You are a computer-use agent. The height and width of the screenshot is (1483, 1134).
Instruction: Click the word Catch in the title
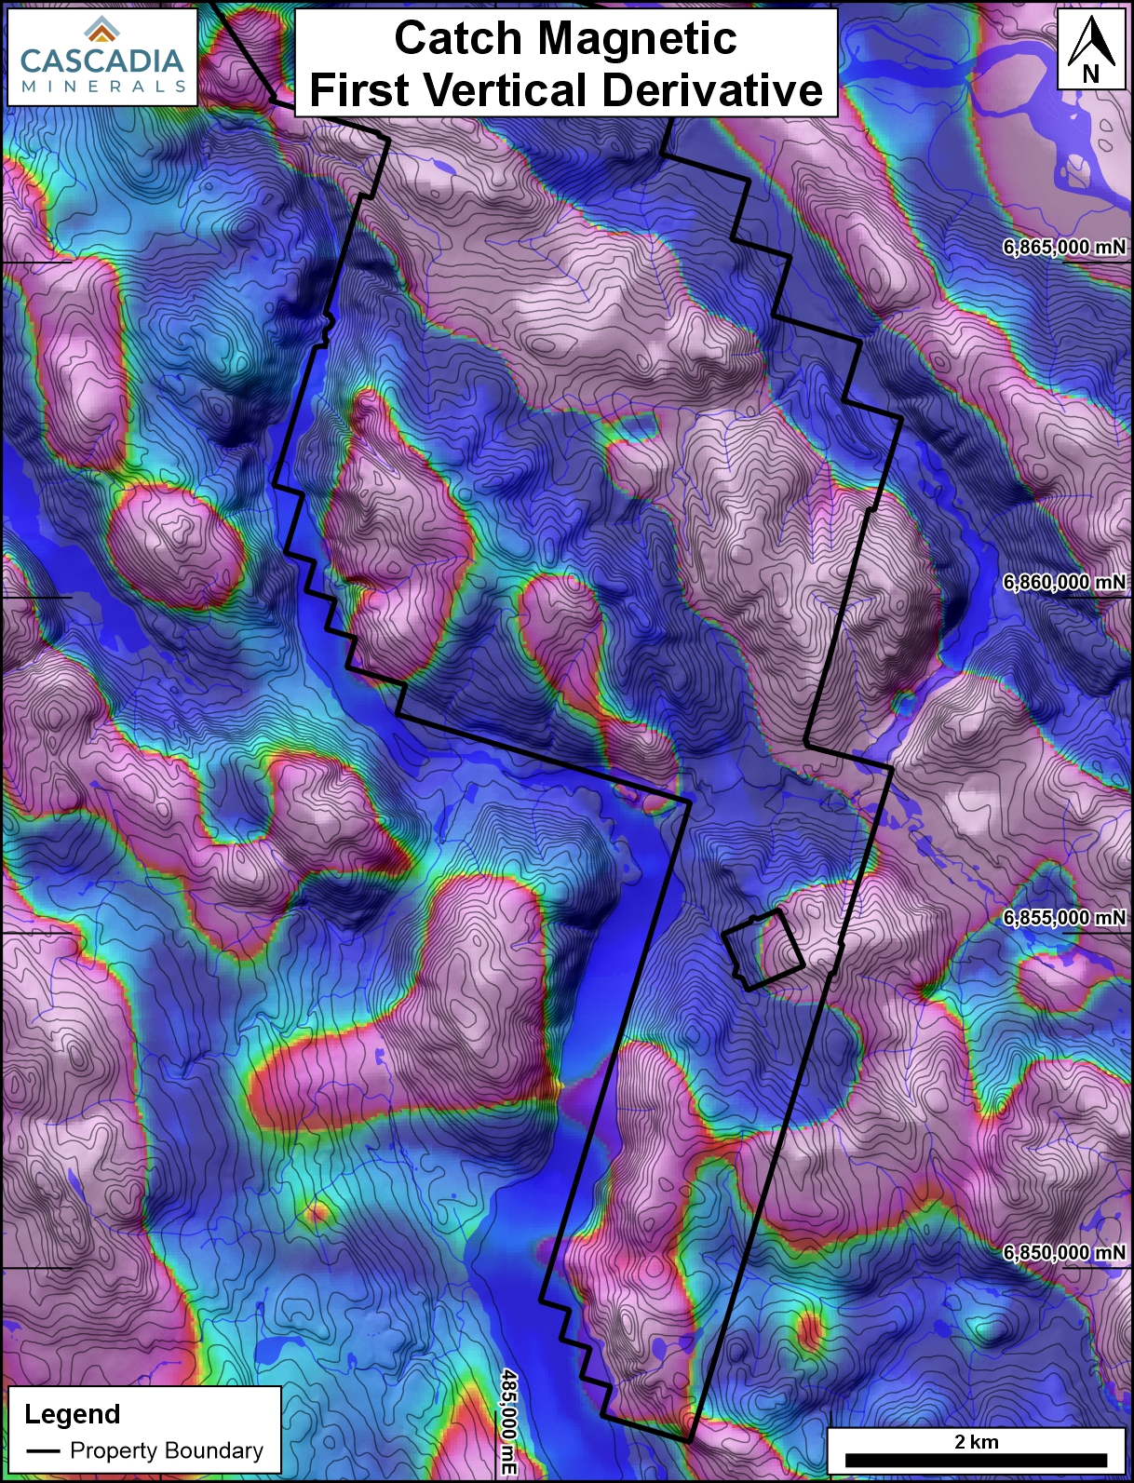[458, 39]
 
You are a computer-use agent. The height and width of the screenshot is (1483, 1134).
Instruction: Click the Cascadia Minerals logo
[101, 56]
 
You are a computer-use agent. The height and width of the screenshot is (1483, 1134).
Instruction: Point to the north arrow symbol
[1091, 43]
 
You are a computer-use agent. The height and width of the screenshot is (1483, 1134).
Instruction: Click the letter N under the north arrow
[1091, 74]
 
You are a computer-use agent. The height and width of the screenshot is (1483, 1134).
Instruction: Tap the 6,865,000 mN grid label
[1064, 247]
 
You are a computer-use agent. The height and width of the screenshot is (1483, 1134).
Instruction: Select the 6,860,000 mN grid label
[1064, 582]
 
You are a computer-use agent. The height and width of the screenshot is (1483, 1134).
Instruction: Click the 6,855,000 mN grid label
[1064, 917]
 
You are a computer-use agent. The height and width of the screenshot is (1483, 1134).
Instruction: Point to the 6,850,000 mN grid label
[1064, 1252]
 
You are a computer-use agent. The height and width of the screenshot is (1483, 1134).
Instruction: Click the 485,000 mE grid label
[508, 1421]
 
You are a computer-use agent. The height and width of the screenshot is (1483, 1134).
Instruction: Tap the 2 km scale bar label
[976, 1442]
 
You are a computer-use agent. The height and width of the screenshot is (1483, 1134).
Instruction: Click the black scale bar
[976, 1461]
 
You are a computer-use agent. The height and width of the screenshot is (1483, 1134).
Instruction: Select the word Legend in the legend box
[73, 1414]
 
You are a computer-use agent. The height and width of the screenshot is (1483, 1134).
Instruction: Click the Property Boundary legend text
[167, 1450]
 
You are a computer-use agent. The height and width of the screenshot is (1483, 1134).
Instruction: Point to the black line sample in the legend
[43, 1451]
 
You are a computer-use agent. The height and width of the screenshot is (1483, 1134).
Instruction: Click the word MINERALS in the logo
[102, 87]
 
